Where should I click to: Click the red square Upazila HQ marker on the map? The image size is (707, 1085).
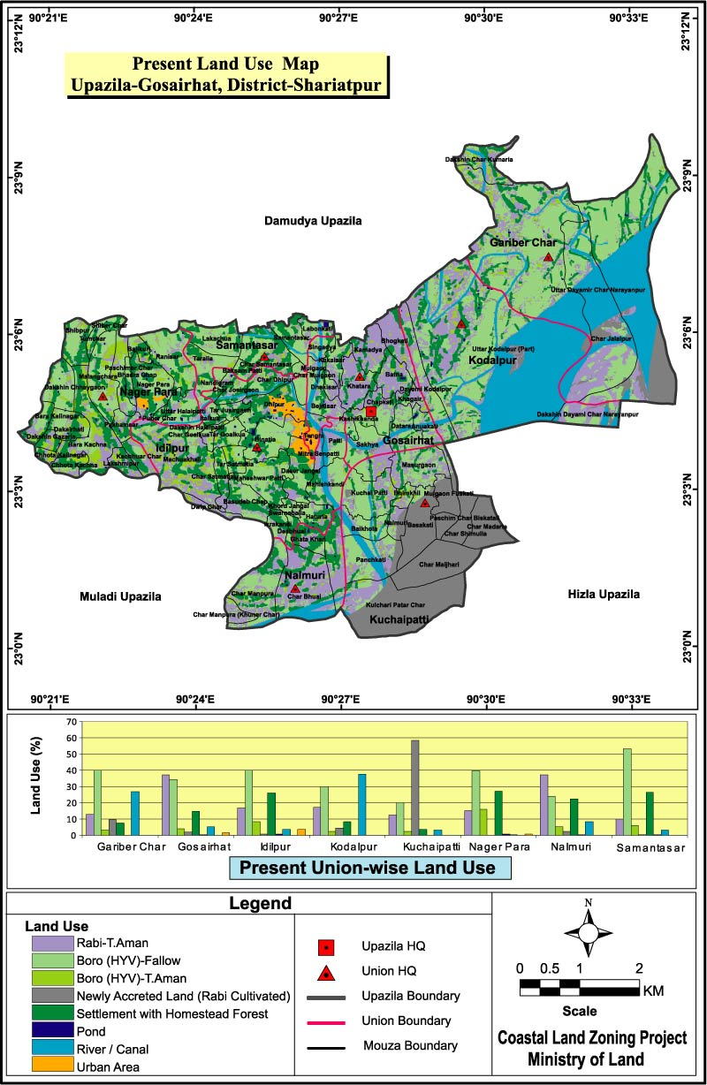coord(371,412)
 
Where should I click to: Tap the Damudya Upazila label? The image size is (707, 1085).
coord(313,221)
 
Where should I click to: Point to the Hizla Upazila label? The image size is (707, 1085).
coord(604,595)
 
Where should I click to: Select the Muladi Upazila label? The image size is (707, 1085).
coord(120,596)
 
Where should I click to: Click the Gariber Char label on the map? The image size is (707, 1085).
coord(521,241)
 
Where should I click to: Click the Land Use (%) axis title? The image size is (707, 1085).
coord(36,778)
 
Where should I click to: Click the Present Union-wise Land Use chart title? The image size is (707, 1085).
coord(369,868)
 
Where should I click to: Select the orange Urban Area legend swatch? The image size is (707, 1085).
coord(50,1065)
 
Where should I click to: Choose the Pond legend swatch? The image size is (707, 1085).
coord(50,1030)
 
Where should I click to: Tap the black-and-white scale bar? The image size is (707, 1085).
coord(579,988)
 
